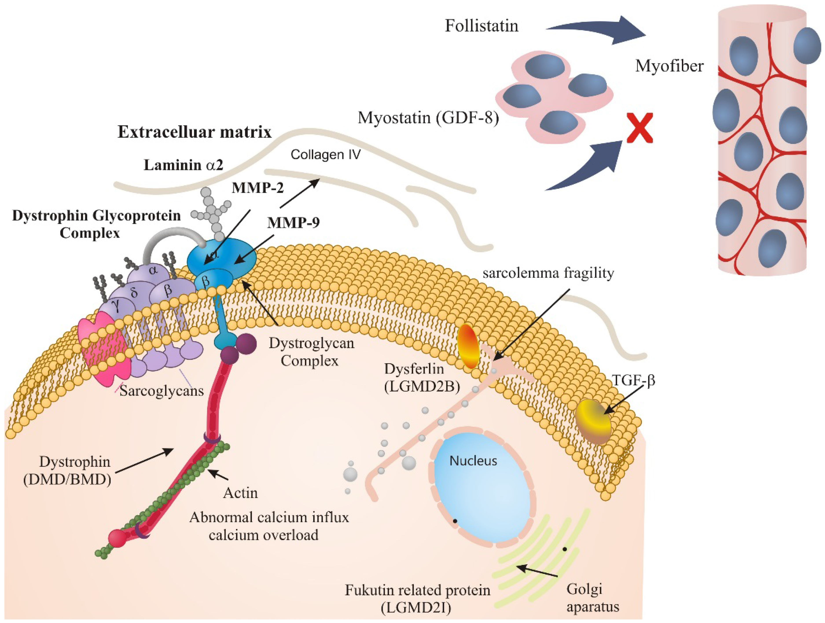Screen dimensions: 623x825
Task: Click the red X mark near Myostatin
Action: [x=639, y=128]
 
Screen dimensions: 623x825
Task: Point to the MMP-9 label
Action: [x=293, y=223]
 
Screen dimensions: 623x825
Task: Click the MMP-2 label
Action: [x=257, y=188]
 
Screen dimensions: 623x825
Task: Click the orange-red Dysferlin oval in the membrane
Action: [x=469, y=346]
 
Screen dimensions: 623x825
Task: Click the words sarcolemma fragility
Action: [x=548, y=273]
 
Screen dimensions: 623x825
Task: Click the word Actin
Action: [x=240, y=493]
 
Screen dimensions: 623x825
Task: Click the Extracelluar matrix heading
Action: [x=194, y=132]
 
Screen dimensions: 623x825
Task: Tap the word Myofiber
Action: [x=669, y=66]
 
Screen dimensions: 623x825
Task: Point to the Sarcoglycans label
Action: [x=162, y=391]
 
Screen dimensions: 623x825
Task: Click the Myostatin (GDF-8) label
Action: [x=428, y=118]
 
